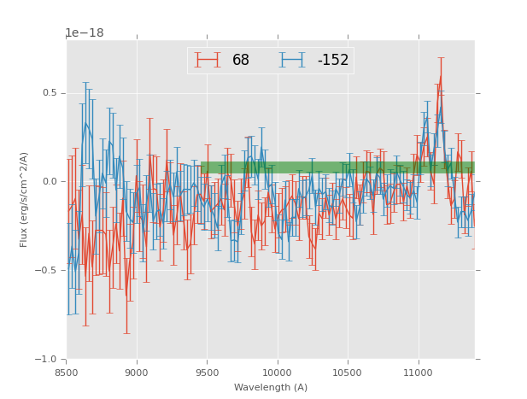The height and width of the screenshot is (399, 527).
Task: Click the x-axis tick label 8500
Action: tap(67, 373)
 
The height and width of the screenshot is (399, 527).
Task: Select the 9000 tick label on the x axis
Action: tap(137, 373)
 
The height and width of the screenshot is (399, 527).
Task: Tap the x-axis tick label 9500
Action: tap(207, 373)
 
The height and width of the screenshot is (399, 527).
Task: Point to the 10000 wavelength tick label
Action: tap(277, 373)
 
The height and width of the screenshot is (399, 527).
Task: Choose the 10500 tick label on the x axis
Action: tap(348, 373)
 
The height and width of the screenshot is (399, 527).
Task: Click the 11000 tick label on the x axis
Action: tap(418, 373)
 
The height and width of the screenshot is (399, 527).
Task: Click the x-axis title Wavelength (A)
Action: tap(270, 387)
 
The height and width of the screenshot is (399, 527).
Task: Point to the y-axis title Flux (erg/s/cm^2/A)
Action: tap(25, 199)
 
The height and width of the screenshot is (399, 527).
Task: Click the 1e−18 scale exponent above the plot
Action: tap(85, 33)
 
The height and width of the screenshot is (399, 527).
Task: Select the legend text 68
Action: tap(241, 61)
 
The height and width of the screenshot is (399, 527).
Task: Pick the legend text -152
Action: tap(333, 61)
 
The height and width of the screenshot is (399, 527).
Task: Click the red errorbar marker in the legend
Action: tap(208, 60)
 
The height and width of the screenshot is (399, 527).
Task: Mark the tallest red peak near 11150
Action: tap(441, 77)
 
